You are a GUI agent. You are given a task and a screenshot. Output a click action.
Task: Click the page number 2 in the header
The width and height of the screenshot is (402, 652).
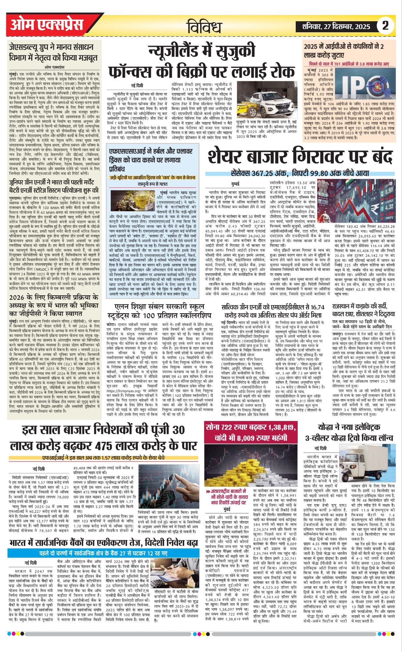[x=385, y=26]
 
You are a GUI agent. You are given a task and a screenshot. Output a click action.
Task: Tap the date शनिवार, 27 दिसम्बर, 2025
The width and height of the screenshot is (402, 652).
[x=336, y=26]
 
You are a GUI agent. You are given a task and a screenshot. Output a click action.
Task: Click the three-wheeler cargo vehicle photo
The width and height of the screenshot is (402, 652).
[x=368, y=461]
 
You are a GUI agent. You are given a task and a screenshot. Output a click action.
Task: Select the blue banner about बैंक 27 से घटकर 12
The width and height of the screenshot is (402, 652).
[x=104, y=553]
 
